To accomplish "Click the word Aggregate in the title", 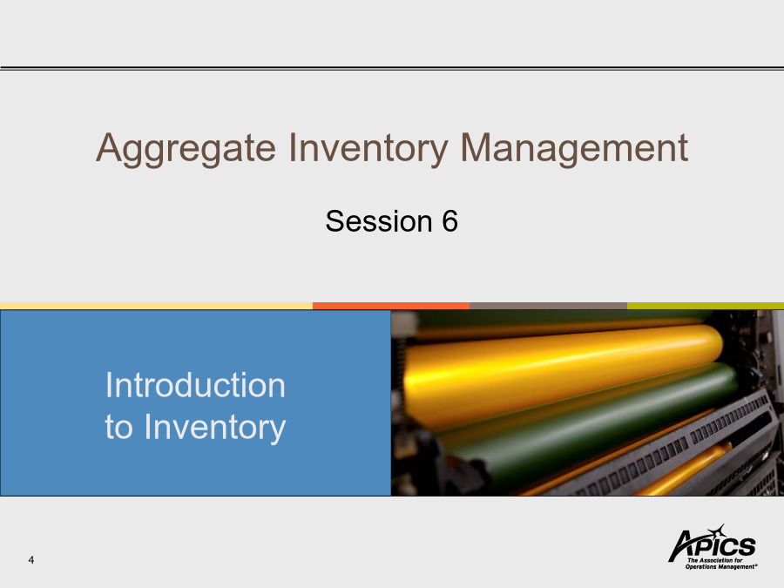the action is coord(186,149).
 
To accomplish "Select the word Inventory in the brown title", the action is coord(368,149).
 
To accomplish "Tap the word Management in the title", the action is coord(574,149).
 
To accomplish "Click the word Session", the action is coord(379,221).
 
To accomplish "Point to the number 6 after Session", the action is coord(449,221).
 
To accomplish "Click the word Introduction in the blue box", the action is coord(195,385).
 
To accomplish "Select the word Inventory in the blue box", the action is coord(215,428).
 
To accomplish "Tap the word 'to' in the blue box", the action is coord(118,429).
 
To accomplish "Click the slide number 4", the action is coord(31,560).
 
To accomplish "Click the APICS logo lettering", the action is coord(712,546).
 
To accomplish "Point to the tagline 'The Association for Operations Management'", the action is coord(721,564).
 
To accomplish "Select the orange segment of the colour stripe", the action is coord(391,306).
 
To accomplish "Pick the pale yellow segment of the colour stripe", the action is coord(157,306).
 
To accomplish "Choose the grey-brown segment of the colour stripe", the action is coord(548,306).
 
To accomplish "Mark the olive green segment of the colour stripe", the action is coord(706,306).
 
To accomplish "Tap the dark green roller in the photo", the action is coord(585,425).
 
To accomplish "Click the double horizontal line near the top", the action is coord(392,68).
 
